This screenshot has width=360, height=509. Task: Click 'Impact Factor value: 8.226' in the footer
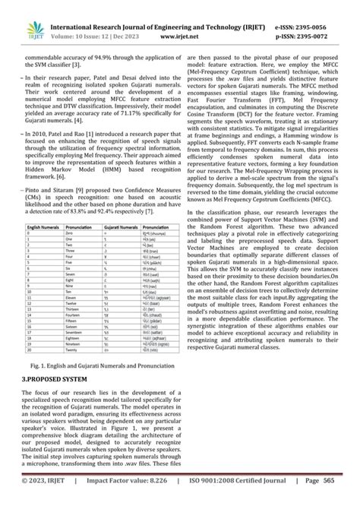125,501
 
